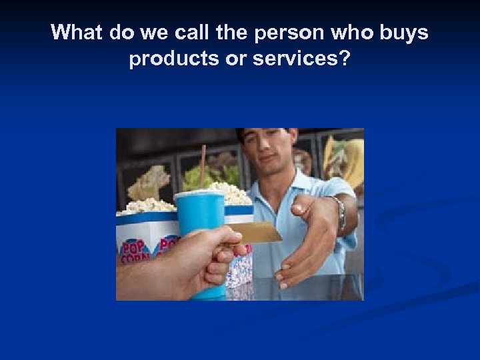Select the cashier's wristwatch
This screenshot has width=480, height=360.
(x=341, y=212)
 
